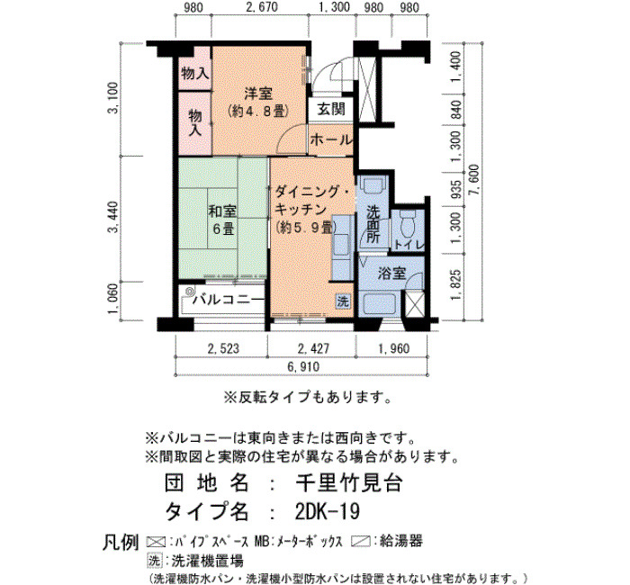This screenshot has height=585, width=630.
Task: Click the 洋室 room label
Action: pyautogui.click(x=259, y=94)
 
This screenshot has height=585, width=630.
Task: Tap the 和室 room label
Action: pyautogui.click(x=222, y=211)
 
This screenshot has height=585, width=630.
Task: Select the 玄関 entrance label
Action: pyautogui.click(x=331, y=109)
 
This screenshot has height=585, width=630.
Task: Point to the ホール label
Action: pyautogui.click(x=331, y=139)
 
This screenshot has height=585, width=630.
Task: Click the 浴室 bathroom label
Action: pyautogui.click(x=391, y=274)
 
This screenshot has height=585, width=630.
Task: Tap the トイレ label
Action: pyautogui.click(x=409, y=245)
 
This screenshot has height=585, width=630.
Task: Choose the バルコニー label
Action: pyautogui.click(x=229, y=300)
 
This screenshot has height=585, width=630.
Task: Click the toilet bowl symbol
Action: pyautogui.click(x=409, y=223)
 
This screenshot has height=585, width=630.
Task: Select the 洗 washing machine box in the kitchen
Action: pyautogui.click(x=342, y=301)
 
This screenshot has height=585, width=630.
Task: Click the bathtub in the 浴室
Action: pyautogui.click(x=380, y=305)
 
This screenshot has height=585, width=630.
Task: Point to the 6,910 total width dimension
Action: pyautogui.click(x=303, y=366)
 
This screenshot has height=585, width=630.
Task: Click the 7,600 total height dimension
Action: pyautogui.click(x=476, y=180)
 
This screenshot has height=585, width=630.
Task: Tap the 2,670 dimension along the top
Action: pyautogui.click(x=261, y=7)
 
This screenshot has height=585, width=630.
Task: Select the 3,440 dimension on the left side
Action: pyautogui.click(x=113, y=218)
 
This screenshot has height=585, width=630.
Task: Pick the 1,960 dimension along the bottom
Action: pyautogui.click(x=393, y=348)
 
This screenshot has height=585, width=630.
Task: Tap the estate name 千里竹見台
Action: pyautogui.click(x=349, y=483)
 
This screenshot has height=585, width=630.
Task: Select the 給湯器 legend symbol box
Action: pyautogui.click(x=360, y=541)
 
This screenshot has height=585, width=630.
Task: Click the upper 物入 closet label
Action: pyautogui.click(x=195, y=74)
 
